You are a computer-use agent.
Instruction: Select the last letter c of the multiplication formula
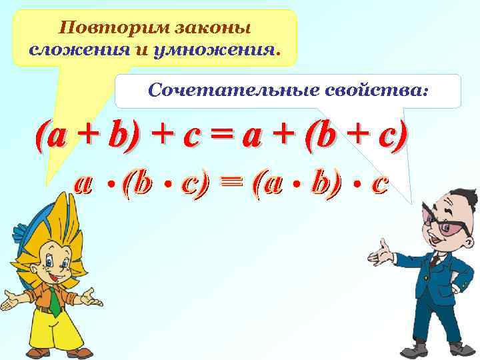[x=379, y=183]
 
